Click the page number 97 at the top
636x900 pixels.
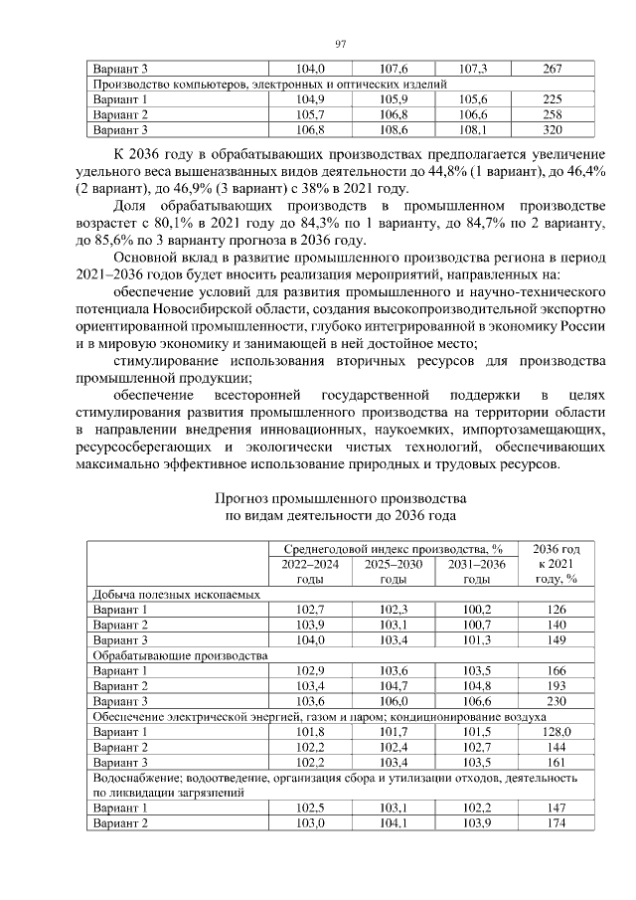point(340,44)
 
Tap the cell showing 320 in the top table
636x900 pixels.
point(553,129)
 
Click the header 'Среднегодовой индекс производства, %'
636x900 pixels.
point(394,549)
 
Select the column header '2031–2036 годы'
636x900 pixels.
point(477,571)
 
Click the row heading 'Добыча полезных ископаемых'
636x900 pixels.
point(177,594)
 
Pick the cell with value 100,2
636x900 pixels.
point(477,609)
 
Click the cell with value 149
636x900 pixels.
point(556,639)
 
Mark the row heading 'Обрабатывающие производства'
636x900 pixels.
point(180,655)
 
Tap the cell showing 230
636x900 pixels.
point(556,701)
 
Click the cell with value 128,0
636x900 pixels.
point(556,732)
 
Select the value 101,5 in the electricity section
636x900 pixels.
point(477,732)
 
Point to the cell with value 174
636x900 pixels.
point(556,824)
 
